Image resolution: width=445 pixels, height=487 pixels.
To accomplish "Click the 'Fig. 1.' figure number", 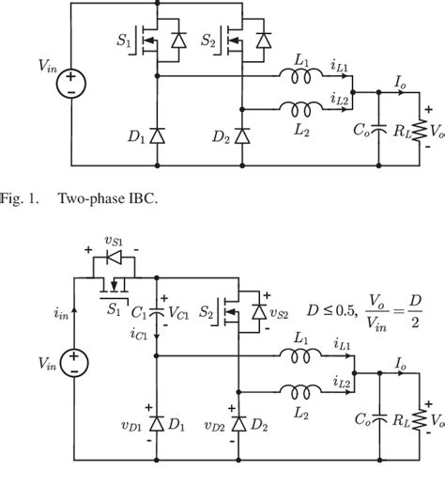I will click(20, 199).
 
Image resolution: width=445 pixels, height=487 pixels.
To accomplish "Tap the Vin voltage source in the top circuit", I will click(71, 86).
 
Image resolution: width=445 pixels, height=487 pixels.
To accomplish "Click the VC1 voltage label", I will click(175, 311).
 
